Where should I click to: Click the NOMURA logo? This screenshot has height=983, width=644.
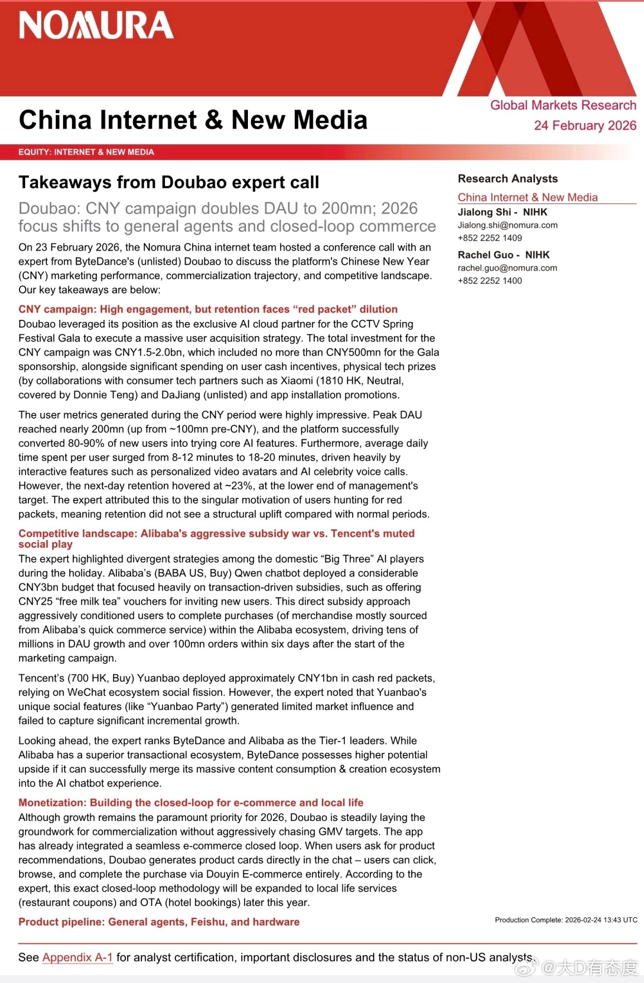click(96, 26)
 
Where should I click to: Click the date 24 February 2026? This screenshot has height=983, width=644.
click(584, 125)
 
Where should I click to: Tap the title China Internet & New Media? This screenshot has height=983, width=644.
click(193, 120)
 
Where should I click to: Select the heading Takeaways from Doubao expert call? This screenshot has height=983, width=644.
click(169, 182)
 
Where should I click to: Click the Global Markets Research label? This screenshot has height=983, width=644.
click(563, 105)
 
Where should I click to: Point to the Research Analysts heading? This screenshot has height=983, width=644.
click(508, 178)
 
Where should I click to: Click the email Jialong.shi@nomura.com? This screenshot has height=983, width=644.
click(508, 225)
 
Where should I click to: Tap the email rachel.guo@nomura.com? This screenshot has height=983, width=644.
click(507, 268)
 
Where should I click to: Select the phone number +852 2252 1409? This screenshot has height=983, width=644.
click(490, 238)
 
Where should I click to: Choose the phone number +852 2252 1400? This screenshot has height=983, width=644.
click(490, 281)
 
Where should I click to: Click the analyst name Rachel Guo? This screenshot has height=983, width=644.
click(485, 255)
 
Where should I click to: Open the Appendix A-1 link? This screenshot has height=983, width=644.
click(77, 957)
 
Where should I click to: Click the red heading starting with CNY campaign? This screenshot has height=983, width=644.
click(208, 309)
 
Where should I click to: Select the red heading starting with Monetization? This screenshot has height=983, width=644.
click(191, 802)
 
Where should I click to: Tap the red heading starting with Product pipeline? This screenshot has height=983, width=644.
click(159, 922)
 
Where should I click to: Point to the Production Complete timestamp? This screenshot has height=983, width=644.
click(566, 920)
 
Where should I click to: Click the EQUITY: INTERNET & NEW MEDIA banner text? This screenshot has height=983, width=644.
click(86, 152)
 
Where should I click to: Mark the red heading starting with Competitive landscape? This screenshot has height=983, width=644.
click(216, 538)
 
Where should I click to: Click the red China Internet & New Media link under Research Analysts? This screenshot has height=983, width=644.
click(528, 197)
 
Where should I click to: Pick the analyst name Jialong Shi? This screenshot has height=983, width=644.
click(484, 212)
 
